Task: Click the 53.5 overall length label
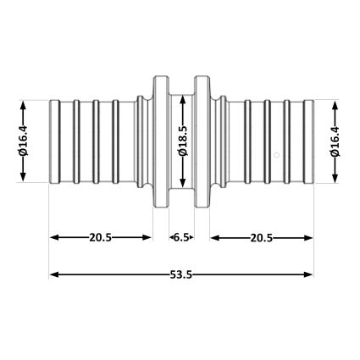pos(181,274)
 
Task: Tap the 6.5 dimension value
pos(181,237)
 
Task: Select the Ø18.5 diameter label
pos(183,141)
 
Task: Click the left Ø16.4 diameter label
pos(23,141)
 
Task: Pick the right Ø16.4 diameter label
pos(335,141)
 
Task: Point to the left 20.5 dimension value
pos(101,237)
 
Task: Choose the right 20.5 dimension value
pos(262,238)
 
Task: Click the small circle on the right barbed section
pos(277,155)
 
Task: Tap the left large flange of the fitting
pos(161,141)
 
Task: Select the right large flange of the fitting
pos(202,141)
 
